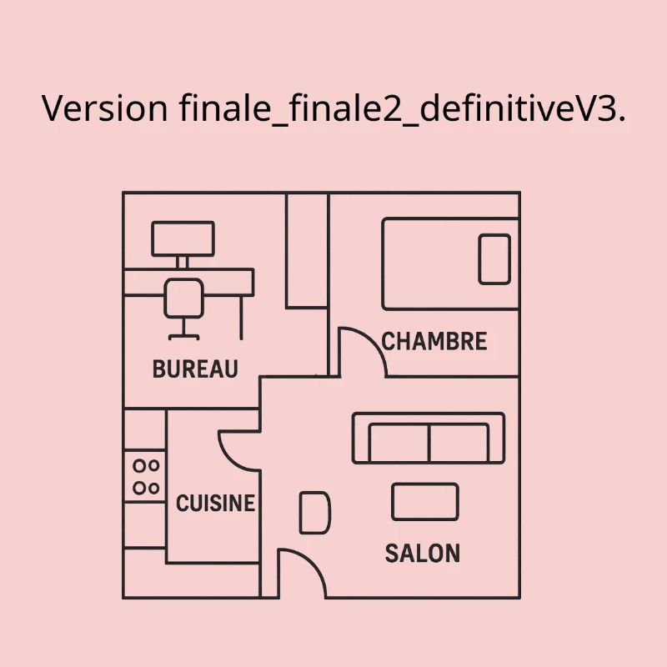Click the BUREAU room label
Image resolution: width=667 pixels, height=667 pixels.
point(195,369)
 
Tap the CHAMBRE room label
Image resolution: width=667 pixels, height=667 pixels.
point(434,341)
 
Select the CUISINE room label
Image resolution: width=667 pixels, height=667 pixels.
point(215,504)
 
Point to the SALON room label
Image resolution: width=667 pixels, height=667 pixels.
point(423,554)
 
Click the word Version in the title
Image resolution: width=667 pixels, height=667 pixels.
point(105,108)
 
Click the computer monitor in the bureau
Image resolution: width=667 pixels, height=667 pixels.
point(183,238)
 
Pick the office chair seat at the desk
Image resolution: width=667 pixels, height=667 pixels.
point(183,298)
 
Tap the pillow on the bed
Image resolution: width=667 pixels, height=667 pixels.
point(494,259)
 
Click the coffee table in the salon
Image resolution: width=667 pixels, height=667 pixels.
point(425,502)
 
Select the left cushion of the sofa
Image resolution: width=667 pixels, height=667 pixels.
point(399,443)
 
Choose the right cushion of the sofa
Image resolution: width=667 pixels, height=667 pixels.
point(459,443)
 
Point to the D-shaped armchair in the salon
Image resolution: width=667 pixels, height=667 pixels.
point(315,513)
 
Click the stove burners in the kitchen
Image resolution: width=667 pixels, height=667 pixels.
point(146,477)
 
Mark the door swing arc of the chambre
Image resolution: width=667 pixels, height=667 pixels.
point(374,342)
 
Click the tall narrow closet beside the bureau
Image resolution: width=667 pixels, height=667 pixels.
point(307,251)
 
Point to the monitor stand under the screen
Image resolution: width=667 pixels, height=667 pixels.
point(182,263)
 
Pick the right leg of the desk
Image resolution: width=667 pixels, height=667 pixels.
point(242,318)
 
